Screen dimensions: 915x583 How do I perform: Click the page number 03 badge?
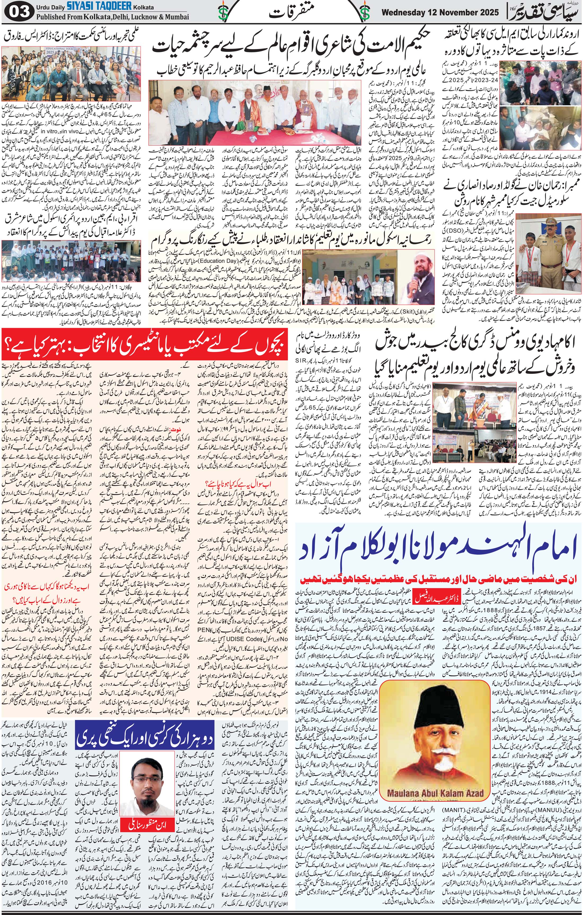[17, 12]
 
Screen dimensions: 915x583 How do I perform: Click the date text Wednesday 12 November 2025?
[440, 12]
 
